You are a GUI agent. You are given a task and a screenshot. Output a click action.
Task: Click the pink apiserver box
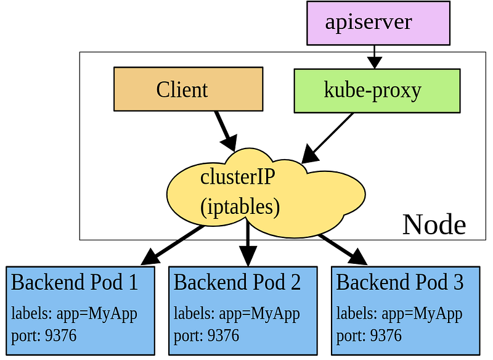pyautogui.click(x=378, y=23)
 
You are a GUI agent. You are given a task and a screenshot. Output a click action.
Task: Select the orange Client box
pyautogui.click(x=188, y=89)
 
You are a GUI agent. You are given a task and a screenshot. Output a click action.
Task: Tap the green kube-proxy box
pyautogui.click(x=377, y=91)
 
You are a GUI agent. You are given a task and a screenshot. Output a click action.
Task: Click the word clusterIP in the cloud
pyautogui.click(x=237, y=177)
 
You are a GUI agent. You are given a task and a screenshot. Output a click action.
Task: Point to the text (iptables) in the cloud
pyautogui.click(x=240, y=207)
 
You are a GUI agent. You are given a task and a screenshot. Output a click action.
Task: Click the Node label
pyautogui.click(x=434, y=224)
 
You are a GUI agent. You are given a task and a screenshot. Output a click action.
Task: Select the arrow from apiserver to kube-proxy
pyautogui.click(x=374, y=57)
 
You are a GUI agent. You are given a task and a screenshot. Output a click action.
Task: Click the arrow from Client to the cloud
pyautogui.click(x=226, y=131)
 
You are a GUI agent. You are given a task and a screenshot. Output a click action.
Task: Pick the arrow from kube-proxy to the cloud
pyautogui.click(x=327, y=138)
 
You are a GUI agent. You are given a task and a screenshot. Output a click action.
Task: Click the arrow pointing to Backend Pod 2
pyautogui.click(x=248, y=243)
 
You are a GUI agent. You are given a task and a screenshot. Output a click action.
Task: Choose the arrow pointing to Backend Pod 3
pyautogui.click(x=343, y=250)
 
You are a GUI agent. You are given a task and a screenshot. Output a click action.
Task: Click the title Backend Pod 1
pyautogui.click(x=75, y=282)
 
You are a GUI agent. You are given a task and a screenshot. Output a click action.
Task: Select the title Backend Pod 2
pyautogui.click(x=237, y=282)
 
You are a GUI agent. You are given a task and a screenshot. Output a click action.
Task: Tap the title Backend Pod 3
pyautogui.click(x=399, y=282)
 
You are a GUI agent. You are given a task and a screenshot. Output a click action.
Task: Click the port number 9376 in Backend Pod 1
pyautogui.click(x=60, y=335)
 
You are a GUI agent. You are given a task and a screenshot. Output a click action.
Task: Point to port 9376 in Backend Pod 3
pyautogui.click(x=386, y=335)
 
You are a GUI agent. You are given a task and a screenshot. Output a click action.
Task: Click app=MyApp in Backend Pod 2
pyautogui.click(x=259, y=314)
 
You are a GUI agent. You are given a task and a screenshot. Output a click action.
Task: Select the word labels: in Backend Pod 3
pyautogui.click(x=357, y=313)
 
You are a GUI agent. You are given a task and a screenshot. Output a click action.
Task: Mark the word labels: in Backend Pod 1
pyautogui.click(x=31, y=313)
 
